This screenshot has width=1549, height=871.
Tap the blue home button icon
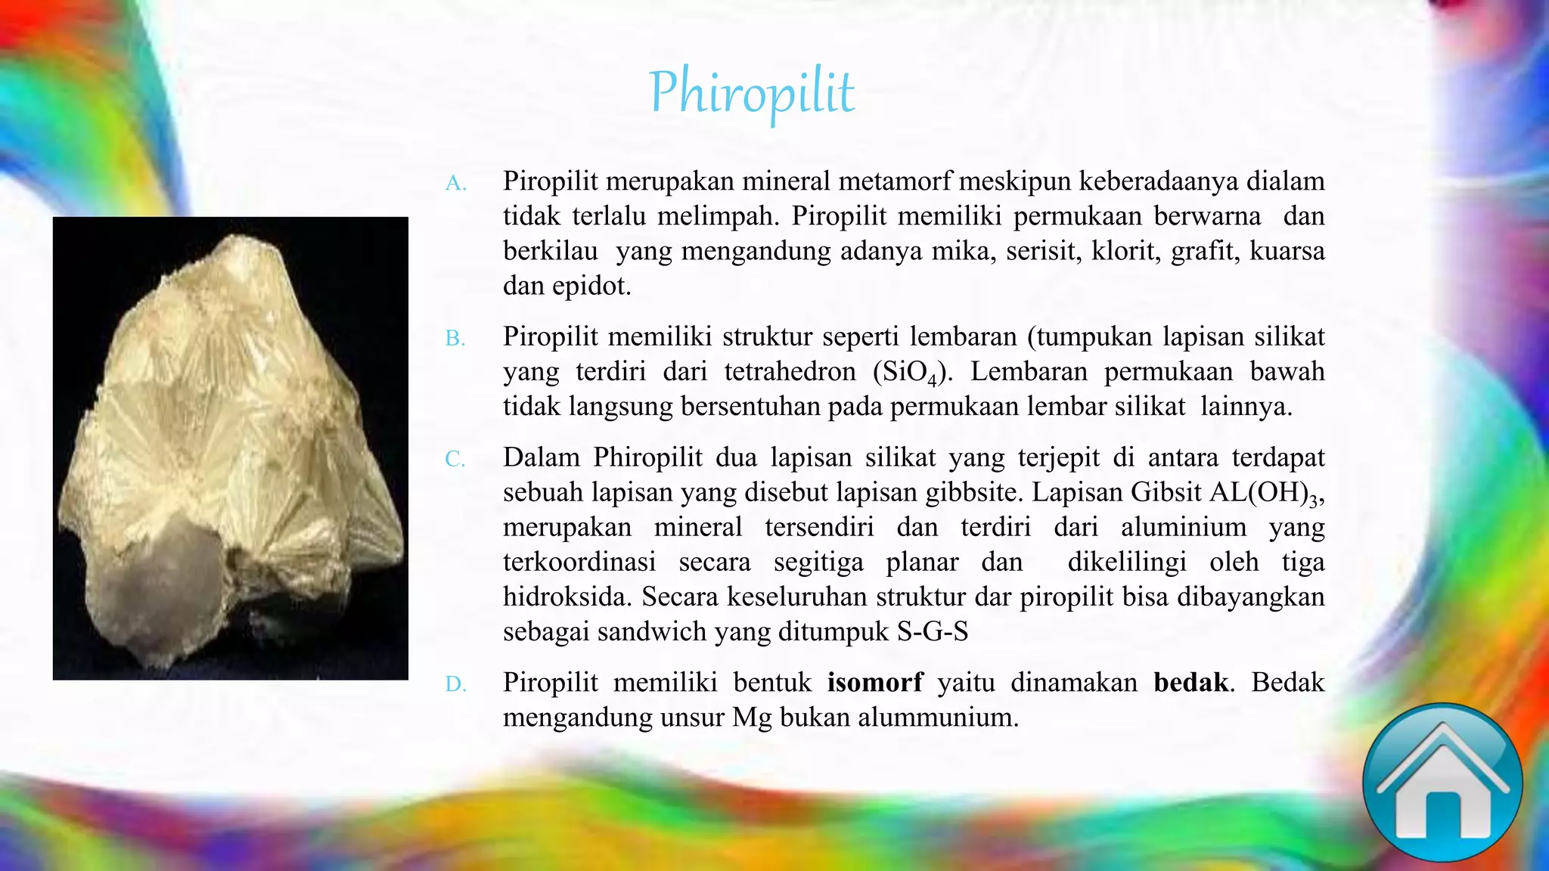pyautogui.click(x=1442, y=784)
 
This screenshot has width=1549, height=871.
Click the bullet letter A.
pyautogui.click(x=455, y=183)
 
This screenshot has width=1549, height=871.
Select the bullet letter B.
pyautogui.click(x=455, y=338)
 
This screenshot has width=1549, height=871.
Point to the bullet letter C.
pyautogui.click(x=455, y=459)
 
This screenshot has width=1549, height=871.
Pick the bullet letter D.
pyautogui.click(x=455, y=684)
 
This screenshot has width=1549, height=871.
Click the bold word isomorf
pyautogui.click(x=875, y=682)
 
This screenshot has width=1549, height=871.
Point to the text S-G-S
pyautogui.click(x=932, y=631)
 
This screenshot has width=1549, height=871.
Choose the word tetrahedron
pyautogui.click(x=790, y=371)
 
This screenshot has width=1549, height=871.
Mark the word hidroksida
pyautogui.click(x=567, y=597)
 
